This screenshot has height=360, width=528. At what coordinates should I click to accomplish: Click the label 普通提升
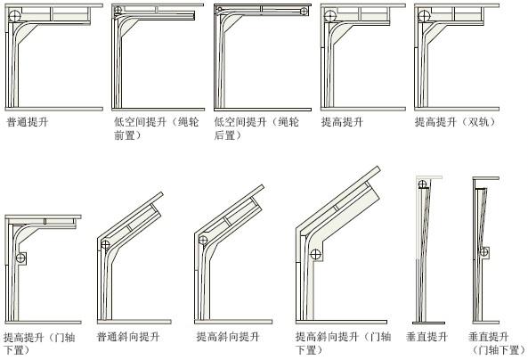pyautogui.click(x=28, y=122)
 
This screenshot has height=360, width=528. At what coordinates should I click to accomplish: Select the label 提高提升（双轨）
pyautogui.click(x=456, y=122)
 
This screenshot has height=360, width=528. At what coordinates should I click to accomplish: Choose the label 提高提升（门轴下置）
pyautogui.click(x=39, y=343)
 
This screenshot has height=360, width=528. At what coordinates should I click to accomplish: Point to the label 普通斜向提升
pyautogui.click(x=128, y=337)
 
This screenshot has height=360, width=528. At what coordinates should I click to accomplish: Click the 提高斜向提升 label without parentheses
pyautogui.click(x=228, y=337)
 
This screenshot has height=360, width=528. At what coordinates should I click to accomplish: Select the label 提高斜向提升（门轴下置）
pyautogui.click(x=343, y=343)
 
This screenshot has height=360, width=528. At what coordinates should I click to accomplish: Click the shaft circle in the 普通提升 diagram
pyautogui.click(x=14, y=16)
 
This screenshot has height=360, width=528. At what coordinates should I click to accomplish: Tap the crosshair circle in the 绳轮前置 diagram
pyautogui.click(x=118, y=10)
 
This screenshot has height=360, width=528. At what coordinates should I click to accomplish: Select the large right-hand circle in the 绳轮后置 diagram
pyautogui.click(x=304, y=12)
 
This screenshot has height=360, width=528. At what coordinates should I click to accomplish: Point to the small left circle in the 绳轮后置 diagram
pyautogui.click(x=220, y=9)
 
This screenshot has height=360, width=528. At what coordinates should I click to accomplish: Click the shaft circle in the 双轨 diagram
pyautogui.click(x=424, y=16)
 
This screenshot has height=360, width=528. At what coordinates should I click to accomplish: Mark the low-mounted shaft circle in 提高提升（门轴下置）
pyautogui.click(x=20, y=258)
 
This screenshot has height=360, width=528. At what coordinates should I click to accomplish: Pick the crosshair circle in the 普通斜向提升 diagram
pyautogui.click(x=105, y=244)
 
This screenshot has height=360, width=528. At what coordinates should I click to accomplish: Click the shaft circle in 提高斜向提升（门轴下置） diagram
pyautogui.click(x=315, y=254)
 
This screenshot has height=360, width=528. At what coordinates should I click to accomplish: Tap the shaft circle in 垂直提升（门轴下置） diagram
pyautogui.click(x=483, y=252)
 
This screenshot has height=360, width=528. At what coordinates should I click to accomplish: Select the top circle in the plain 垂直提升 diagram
pyautogui.click(x=422, y=184)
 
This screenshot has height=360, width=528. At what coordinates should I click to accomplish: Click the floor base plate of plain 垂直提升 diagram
pyautogui.click(x=428, y=323)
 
